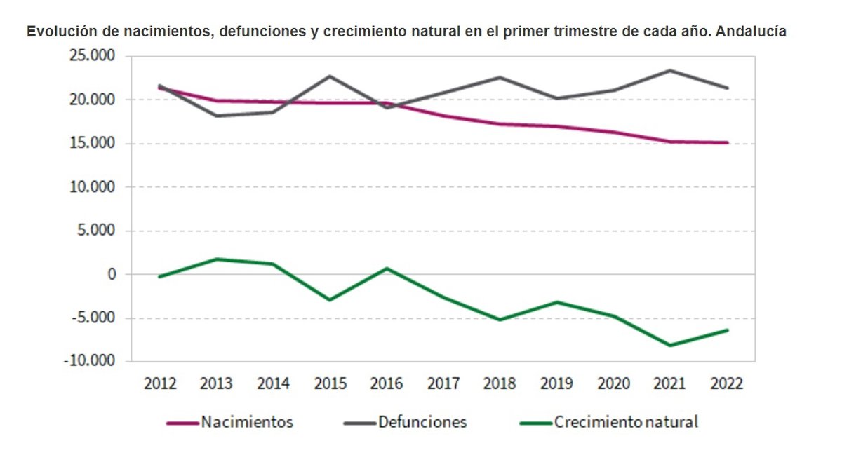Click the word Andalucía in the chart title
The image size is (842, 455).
751,32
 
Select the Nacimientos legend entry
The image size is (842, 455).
246,422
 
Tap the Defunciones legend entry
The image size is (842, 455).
422,422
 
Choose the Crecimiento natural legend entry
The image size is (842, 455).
626,422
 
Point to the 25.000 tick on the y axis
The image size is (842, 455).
91,56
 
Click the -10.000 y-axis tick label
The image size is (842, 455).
90,362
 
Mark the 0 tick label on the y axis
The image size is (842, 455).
111,274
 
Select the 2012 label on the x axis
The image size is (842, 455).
160,383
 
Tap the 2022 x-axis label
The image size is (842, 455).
726,383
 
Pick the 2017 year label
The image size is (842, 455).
443,383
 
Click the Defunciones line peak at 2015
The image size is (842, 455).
330,76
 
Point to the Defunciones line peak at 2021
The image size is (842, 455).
670,70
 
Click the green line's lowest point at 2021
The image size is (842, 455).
670,346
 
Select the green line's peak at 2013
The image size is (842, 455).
217,259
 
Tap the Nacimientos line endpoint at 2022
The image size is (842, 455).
727,142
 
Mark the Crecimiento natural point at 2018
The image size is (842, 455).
500,320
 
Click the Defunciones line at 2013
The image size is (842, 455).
217,116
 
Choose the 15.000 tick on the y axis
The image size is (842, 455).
91,144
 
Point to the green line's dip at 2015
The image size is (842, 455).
330,300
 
